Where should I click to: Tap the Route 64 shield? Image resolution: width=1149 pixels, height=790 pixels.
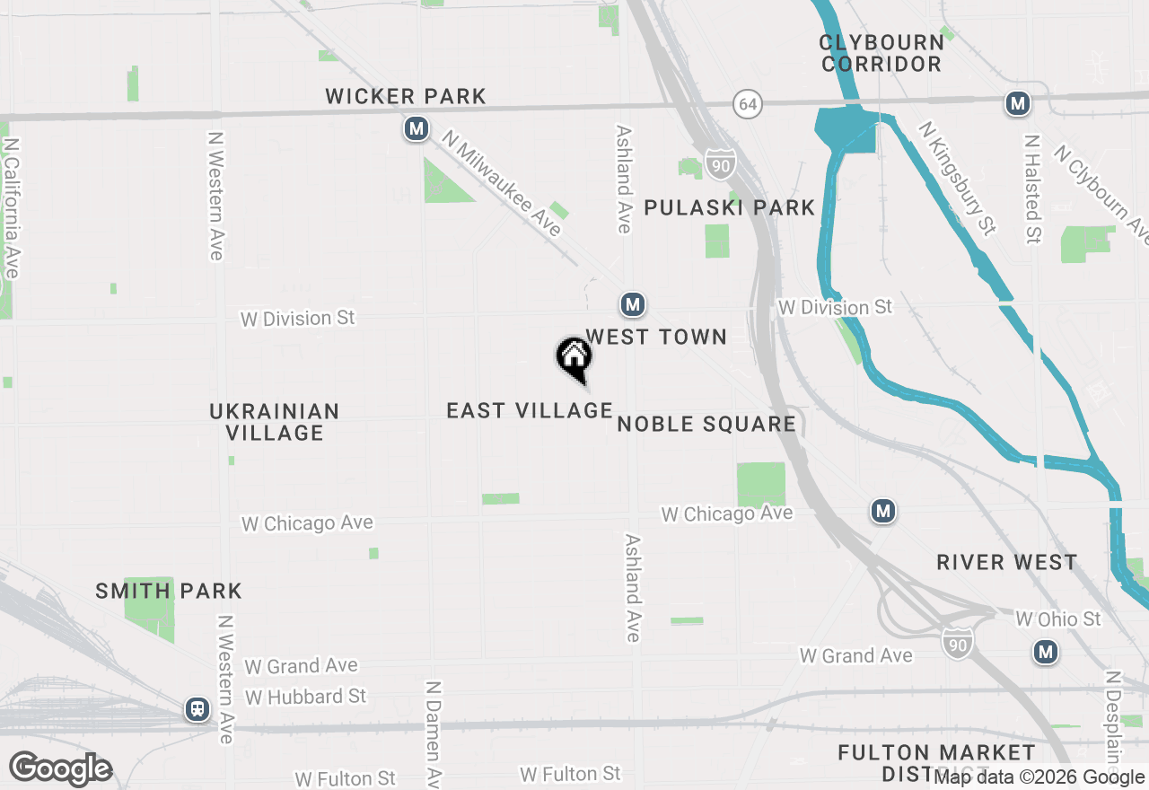747,104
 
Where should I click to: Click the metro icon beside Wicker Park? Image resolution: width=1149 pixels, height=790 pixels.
416,129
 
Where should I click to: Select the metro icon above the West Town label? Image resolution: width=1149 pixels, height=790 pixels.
633,304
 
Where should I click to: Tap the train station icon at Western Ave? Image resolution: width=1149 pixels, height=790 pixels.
197,709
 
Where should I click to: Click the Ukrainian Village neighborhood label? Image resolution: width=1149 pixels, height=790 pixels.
275,422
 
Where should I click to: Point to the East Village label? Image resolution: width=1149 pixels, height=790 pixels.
530,411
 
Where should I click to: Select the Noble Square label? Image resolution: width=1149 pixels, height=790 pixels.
707,424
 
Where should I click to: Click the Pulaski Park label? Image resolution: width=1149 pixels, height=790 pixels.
730,208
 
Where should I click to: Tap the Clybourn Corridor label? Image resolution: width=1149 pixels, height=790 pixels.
881,53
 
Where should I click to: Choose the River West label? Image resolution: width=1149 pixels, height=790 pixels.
1007,563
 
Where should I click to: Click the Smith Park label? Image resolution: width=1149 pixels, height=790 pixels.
169,592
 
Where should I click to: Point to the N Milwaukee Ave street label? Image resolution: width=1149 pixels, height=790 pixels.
502,184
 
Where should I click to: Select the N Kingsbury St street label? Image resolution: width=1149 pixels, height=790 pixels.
956,179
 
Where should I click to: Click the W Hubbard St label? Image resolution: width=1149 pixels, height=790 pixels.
306,697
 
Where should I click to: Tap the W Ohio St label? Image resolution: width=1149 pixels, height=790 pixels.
1057,619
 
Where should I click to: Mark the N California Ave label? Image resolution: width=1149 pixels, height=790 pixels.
12,207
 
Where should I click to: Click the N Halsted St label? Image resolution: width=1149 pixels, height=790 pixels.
1032,189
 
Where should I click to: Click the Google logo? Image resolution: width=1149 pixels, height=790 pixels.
61,769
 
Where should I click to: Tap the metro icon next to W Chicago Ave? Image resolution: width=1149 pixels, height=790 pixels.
883,512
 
